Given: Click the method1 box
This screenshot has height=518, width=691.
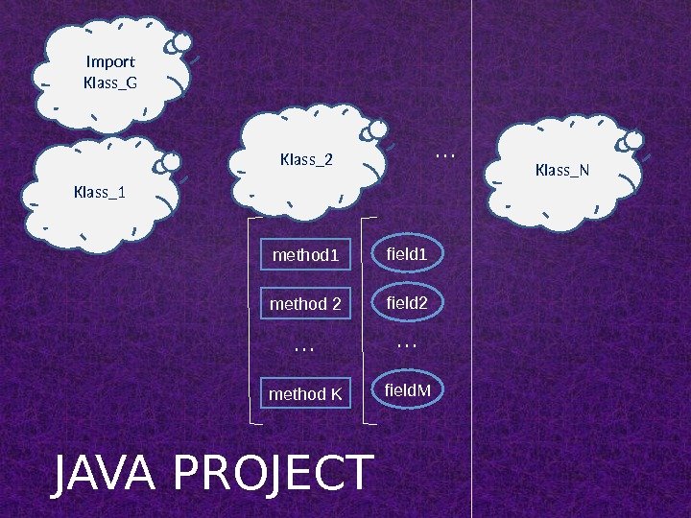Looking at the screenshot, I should point(307,255).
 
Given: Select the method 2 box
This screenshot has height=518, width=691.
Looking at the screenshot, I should point(307,304).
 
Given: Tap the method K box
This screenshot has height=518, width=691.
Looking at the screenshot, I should point(307,393).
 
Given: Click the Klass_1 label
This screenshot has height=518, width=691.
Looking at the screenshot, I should point(100,192).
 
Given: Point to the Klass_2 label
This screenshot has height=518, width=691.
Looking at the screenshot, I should point(306,158).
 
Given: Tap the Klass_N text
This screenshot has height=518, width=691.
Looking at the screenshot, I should point(562,171).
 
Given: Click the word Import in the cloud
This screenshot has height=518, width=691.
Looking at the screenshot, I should point(110,63).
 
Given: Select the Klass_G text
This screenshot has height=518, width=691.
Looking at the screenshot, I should point(110,82).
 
